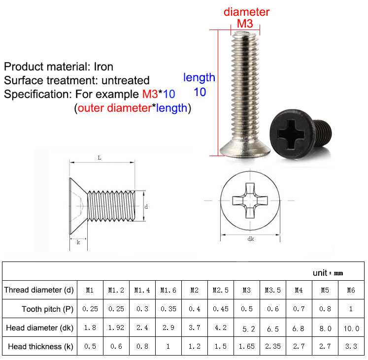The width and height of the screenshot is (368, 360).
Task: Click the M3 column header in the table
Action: pos(246,290)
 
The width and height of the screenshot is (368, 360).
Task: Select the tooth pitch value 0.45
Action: pos(220,309)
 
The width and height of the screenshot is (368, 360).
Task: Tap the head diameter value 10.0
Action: pos(351,327)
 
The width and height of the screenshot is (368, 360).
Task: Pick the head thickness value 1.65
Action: pos(246,346)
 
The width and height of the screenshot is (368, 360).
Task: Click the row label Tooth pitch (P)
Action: pos(47,309)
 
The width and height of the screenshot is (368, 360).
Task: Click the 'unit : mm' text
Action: pos(328,273)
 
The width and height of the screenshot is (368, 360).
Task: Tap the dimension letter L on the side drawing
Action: pos(100,157)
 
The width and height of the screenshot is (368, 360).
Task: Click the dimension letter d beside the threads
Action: pos(146,207)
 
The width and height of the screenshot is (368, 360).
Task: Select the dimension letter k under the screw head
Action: pos(78,242)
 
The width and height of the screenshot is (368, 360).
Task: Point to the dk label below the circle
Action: pos(251,240)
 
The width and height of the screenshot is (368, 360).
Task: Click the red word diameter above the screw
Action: pos(246,12)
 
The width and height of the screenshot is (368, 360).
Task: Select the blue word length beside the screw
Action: pos(199,77)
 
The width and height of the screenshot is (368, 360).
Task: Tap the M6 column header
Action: pos(351,290)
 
